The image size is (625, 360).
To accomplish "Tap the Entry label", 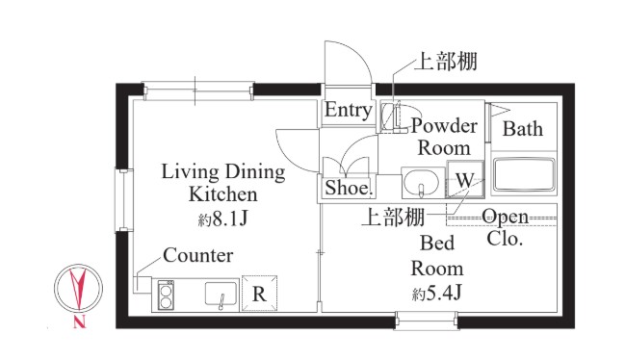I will [x=348, y=111].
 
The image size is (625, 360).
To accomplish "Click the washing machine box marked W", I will [x=463, y=180].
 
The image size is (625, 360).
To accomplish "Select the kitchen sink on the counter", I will [x=221, y=294].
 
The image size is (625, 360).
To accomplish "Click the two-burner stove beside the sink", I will [x=165, y=294].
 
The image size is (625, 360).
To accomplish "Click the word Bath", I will [x=523, y=129].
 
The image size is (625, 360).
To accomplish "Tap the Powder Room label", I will [x=444, y=137].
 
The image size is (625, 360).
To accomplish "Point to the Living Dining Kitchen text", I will [x=222, y=183].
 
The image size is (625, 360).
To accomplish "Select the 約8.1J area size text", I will [x=223, y=219].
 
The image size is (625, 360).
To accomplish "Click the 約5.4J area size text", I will [x=437, y=291].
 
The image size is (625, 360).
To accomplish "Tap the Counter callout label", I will [x=197, y=256].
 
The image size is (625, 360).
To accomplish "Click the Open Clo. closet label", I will [x=506, y=227].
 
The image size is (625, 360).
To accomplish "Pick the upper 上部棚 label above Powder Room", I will [x=445, y=63].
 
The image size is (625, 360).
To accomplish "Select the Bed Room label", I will [x=437, y=255].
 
